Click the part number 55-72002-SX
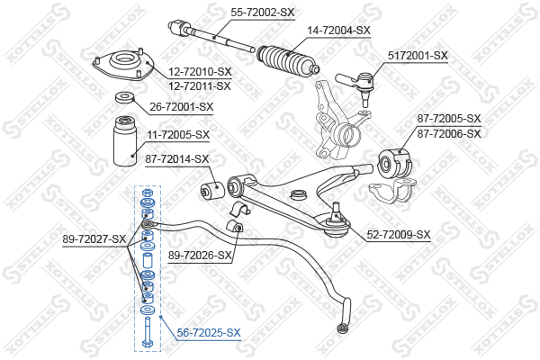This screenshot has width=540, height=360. pyautogui.click(x=263, y=12)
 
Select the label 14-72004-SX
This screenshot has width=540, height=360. pyautogui.click(x=339, y=30)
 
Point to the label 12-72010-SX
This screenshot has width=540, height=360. pyautogui.click(x=199, y=71)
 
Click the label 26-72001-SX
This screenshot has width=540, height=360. pyautogui.click(x=181, y=107)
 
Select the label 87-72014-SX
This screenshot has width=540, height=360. pyautogui.click(x=176, y=159)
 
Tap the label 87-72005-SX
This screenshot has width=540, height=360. pyautogui.click(x=449, y=119)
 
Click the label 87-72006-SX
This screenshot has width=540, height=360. pyautogui.click(x=449, y=132)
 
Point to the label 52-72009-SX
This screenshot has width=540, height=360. pyautogui.click(x=399, y=235)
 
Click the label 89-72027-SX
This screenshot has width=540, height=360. pyautogui.click(x=94, y=238)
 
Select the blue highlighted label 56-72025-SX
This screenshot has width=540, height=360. pyautogui.click(x=208, y=332)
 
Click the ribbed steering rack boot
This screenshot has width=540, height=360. pyautogui.click(x=287, y=61)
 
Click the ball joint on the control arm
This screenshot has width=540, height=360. pyautogui.click(x=337, y=222)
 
